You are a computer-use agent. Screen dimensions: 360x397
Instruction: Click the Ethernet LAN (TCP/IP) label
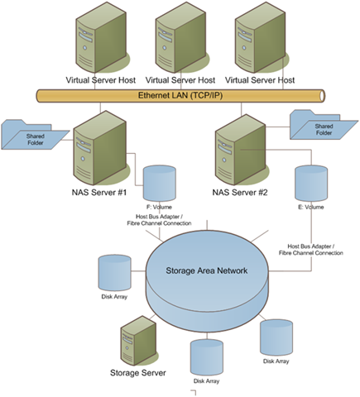(180, 96)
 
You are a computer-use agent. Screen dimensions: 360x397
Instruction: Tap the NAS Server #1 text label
(99, 192)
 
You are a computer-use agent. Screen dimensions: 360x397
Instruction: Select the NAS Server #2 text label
(240, 192)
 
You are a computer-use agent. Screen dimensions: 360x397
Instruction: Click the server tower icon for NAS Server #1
(101, 148)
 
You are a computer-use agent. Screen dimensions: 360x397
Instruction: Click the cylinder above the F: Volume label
(160, 183)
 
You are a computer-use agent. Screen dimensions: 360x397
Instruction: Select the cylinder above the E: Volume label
(311, 183)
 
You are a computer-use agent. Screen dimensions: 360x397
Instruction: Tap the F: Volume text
(159, 207)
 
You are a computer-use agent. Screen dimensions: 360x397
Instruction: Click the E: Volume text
(311, 207)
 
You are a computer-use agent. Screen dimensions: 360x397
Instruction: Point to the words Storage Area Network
(207, 270)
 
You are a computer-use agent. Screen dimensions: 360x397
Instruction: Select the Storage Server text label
(138, 373)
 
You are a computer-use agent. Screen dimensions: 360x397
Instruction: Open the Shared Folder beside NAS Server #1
(35, 135)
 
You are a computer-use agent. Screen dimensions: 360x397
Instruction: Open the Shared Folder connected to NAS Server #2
(324, 125)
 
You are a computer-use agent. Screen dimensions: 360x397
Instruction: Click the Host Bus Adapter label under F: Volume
(159, 220)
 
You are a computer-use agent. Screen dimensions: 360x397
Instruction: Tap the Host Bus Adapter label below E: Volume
(311, 250)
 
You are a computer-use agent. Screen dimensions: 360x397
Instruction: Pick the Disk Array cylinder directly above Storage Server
(114, 272)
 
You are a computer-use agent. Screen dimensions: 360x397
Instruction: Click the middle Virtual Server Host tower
(180, 37)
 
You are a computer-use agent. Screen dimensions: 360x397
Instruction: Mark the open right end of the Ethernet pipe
(322, 96)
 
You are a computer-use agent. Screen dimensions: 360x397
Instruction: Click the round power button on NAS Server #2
(224, 160)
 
